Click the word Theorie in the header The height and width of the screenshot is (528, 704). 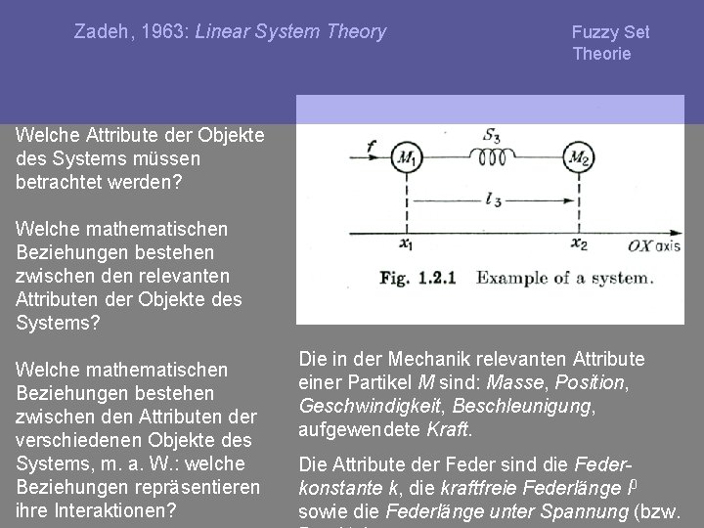point(601,54)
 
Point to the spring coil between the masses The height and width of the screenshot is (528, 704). point(491,156)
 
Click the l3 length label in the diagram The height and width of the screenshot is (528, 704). point(493,200)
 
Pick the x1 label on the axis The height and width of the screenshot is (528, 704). point(406,244)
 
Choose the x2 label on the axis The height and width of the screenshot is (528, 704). point(579,244)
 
